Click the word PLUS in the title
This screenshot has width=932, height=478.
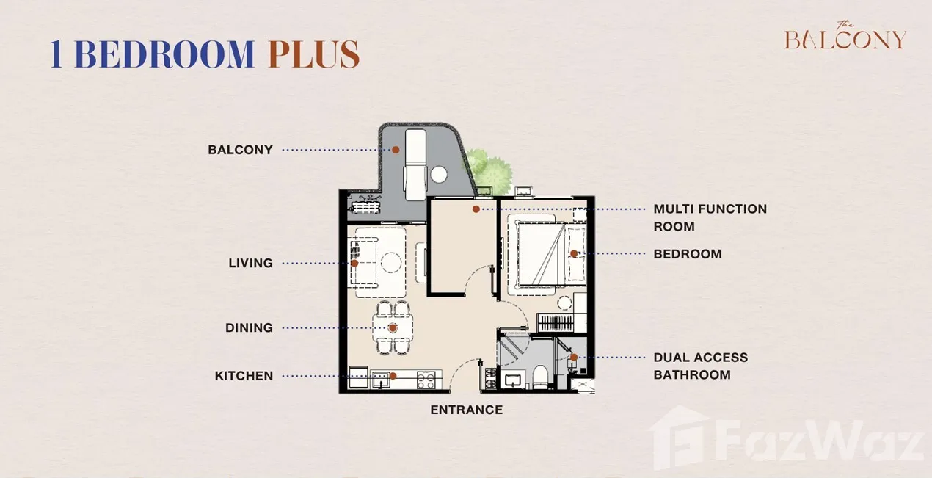(x=314, y=54)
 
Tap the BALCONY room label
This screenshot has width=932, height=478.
(x=241, y=150)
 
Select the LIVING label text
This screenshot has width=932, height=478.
(x=250, y=263)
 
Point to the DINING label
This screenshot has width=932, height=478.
(x=250, y=327)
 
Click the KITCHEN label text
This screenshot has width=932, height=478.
(x=244, y=376)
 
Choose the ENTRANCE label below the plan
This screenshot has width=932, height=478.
(x=467, y=410)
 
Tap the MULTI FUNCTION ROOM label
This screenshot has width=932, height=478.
(x=710, y=218)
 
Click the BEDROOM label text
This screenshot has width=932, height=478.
(x=688, y=254)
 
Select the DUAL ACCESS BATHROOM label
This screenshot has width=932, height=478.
(x=701, y=366)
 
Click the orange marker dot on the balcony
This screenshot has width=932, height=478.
(x=396, y=150)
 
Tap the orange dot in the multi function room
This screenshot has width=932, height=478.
(x=476, y=209)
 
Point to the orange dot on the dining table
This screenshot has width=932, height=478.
(x=393, y=328)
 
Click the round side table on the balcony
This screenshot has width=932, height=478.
(x=439, y=175)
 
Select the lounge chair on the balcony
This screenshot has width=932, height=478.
(x=415, y=165)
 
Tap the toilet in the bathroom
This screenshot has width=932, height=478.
(x=539, y=376)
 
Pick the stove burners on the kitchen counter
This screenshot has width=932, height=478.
(x=426, y=380)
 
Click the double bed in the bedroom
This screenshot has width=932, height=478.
(x=550, y=254)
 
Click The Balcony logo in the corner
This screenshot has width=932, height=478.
(x=845, y=36)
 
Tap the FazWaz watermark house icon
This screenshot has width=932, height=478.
(x=680, y=438)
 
